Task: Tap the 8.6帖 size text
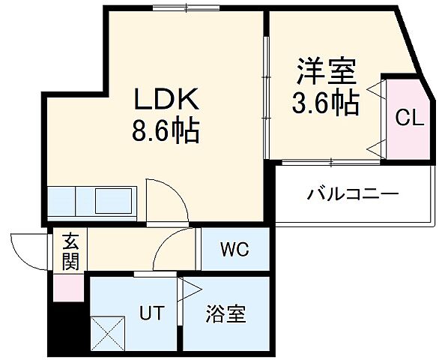166,133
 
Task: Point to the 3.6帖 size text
324,103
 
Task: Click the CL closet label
409,118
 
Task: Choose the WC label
234,249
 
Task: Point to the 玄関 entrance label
70,252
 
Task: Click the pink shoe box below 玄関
67,287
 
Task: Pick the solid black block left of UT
67,327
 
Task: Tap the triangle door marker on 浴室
190,289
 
